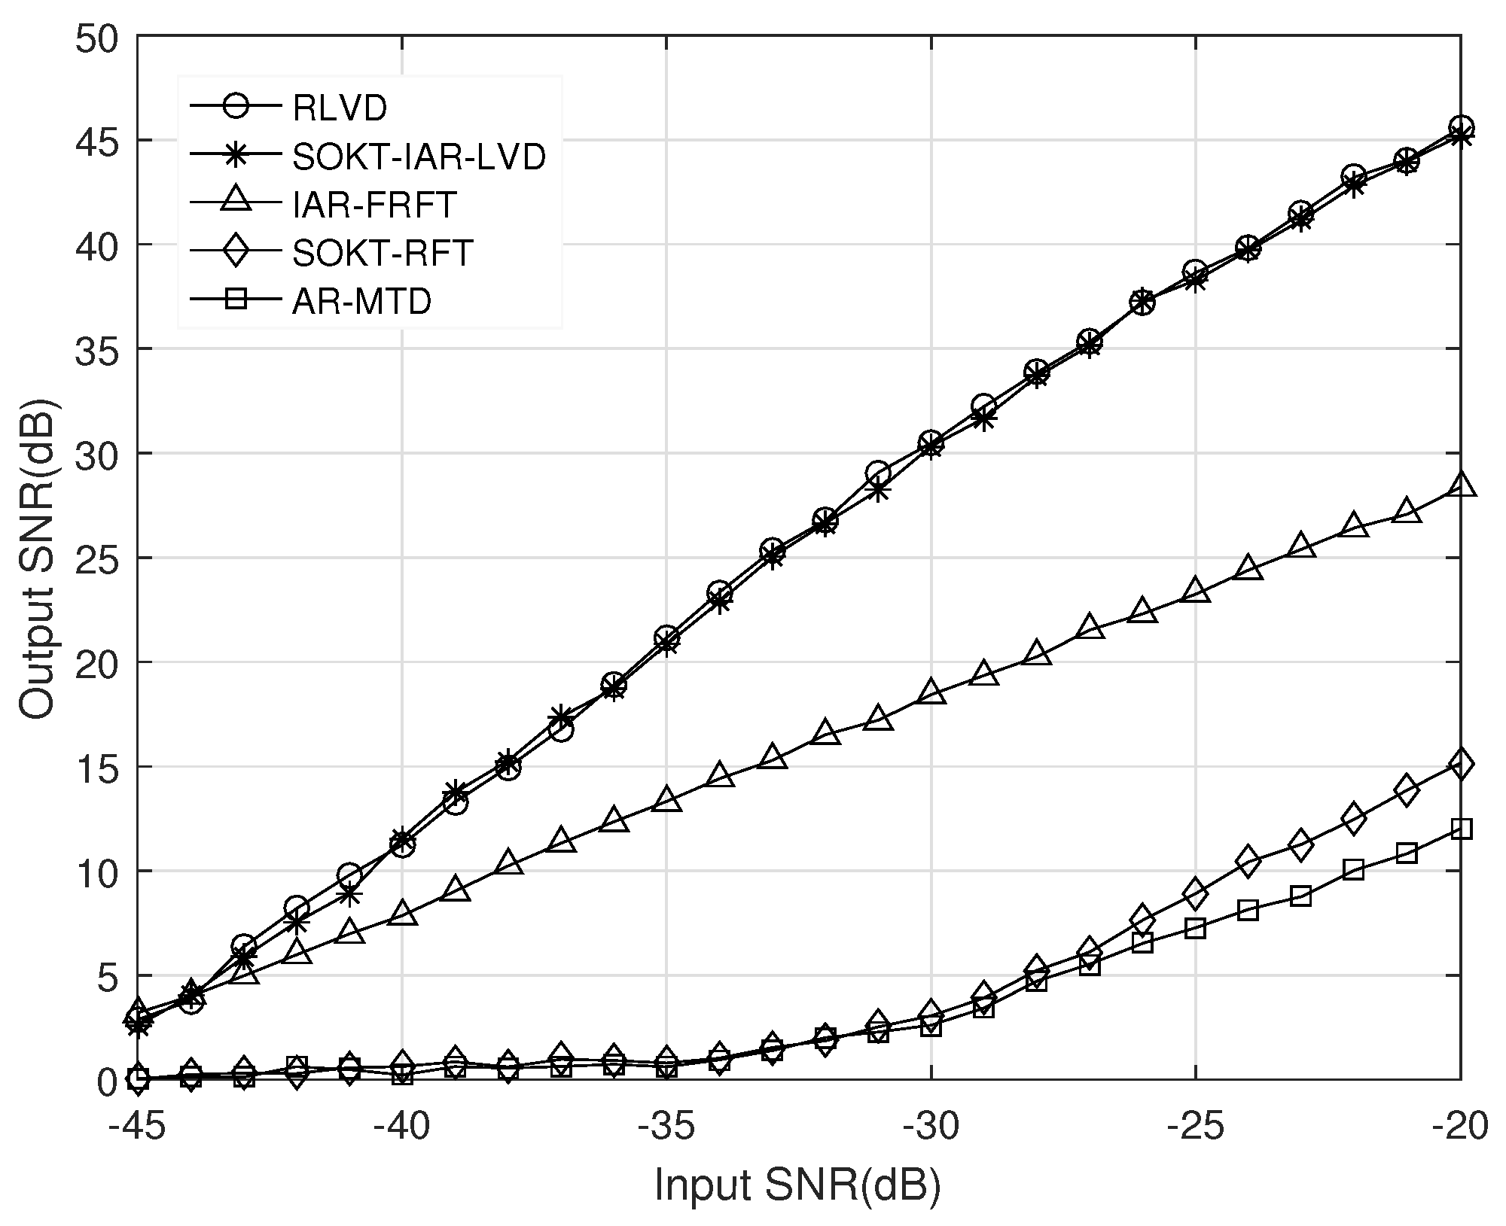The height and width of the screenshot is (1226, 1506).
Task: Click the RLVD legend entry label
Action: coord(340,108)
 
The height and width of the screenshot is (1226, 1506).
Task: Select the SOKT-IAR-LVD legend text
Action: coord(419,157)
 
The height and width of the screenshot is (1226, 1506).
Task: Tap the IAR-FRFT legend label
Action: coord(374,205)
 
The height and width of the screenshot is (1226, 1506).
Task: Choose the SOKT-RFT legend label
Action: coord(383,253)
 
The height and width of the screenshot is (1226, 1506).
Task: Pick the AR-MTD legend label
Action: coord(362,301)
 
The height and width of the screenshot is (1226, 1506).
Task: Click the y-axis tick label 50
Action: coord(97,38)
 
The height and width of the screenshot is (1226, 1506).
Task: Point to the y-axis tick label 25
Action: coord(97,558)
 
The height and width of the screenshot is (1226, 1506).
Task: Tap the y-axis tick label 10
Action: coord(97,872)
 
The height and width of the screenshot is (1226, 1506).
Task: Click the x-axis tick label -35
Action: coord(666,1127)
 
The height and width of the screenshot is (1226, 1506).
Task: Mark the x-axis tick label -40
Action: coord(401,1127)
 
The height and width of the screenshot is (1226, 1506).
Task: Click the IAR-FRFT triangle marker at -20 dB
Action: coord(1461,485)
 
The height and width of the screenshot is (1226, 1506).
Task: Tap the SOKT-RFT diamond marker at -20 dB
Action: coord(1461,765)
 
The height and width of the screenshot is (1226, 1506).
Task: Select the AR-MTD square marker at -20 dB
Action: coord(1461,829)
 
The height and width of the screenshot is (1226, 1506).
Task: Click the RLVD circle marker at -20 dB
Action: coord(1461,127)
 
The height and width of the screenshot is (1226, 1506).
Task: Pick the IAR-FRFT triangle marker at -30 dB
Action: coord(931,692)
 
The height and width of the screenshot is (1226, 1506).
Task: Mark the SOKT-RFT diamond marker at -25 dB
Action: coord(1195,894)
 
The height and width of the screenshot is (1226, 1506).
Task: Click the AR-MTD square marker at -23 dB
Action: coord(1300,896)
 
